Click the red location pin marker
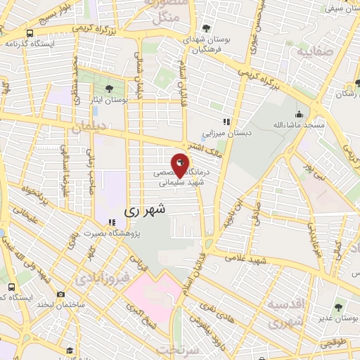point(180,165)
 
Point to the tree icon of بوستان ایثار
point(109,89)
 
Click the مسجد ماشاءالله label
point(300,125)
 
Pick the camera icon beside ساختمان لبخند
point(61,294)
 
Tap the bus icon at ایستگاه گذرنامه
point(30,32)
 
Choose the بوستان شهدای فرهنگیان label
point(202,45)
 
